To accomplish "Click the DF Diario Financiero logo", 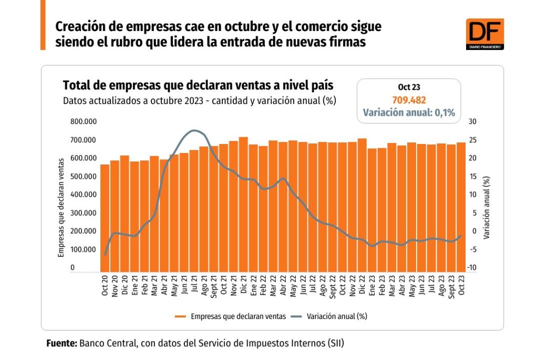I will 484,35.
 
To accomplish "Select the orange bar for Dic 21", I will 243,205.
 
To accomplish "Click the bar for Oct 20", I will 105,218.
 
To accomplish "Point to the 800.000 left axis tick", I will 84,122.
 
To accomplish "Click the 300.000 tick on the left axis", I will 84,213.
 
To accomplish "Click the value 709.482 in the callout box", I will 409,100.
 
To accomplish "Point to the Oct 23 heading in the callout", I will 409,87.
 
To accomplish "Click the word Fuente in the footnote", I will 61,343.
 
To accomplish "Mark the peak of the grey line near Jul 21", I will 194,130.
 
